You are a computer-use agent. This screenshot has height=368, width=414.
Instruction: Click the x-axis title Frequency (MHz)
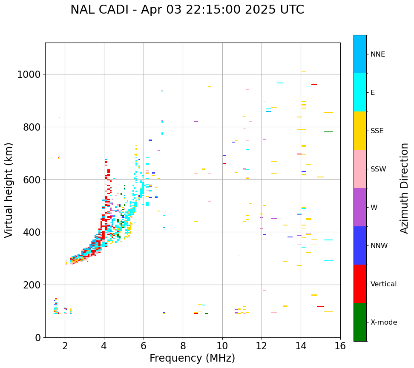coord(192,358)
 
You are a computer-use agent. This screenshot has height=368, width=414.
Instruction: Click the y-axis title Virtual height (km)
coord(9,190)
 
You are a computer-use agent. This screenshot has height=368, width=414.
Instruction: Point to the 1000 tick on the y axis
coord(29,74)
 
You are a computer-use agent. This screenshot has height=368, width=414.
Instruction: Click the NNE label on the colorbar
coord(378,54)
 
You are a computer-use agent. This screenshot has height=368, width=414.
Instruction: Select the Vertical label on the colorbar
coord(383,284)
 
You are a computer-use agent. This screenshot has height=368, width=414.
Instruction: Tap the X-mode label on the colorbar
coord(384,322)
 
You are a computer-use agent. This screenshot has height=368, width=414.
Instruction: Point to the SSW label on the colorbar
coord(378,169)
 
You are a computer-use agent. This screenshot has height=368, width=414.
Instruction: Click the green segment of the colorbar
coord(360,322)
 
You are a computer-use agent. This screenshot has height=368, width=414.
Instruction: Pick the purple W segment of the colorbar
coord(360,207)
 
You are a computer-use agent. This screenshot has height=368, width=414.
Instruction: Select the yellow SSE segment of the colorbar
coord(360,131)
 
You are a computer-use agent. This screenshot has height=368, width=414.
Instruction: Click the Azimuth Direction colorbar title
coord(404,188)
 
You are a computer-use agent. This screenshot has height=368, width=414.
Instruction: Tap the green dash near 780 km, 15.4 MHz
coord(328,132)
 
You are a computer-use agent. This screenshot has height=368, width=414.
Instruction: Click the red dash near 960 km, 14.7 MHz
coord(314,85)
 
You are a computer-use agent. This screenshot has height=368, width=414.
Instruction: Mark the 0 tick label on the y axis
coord(37,337)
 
